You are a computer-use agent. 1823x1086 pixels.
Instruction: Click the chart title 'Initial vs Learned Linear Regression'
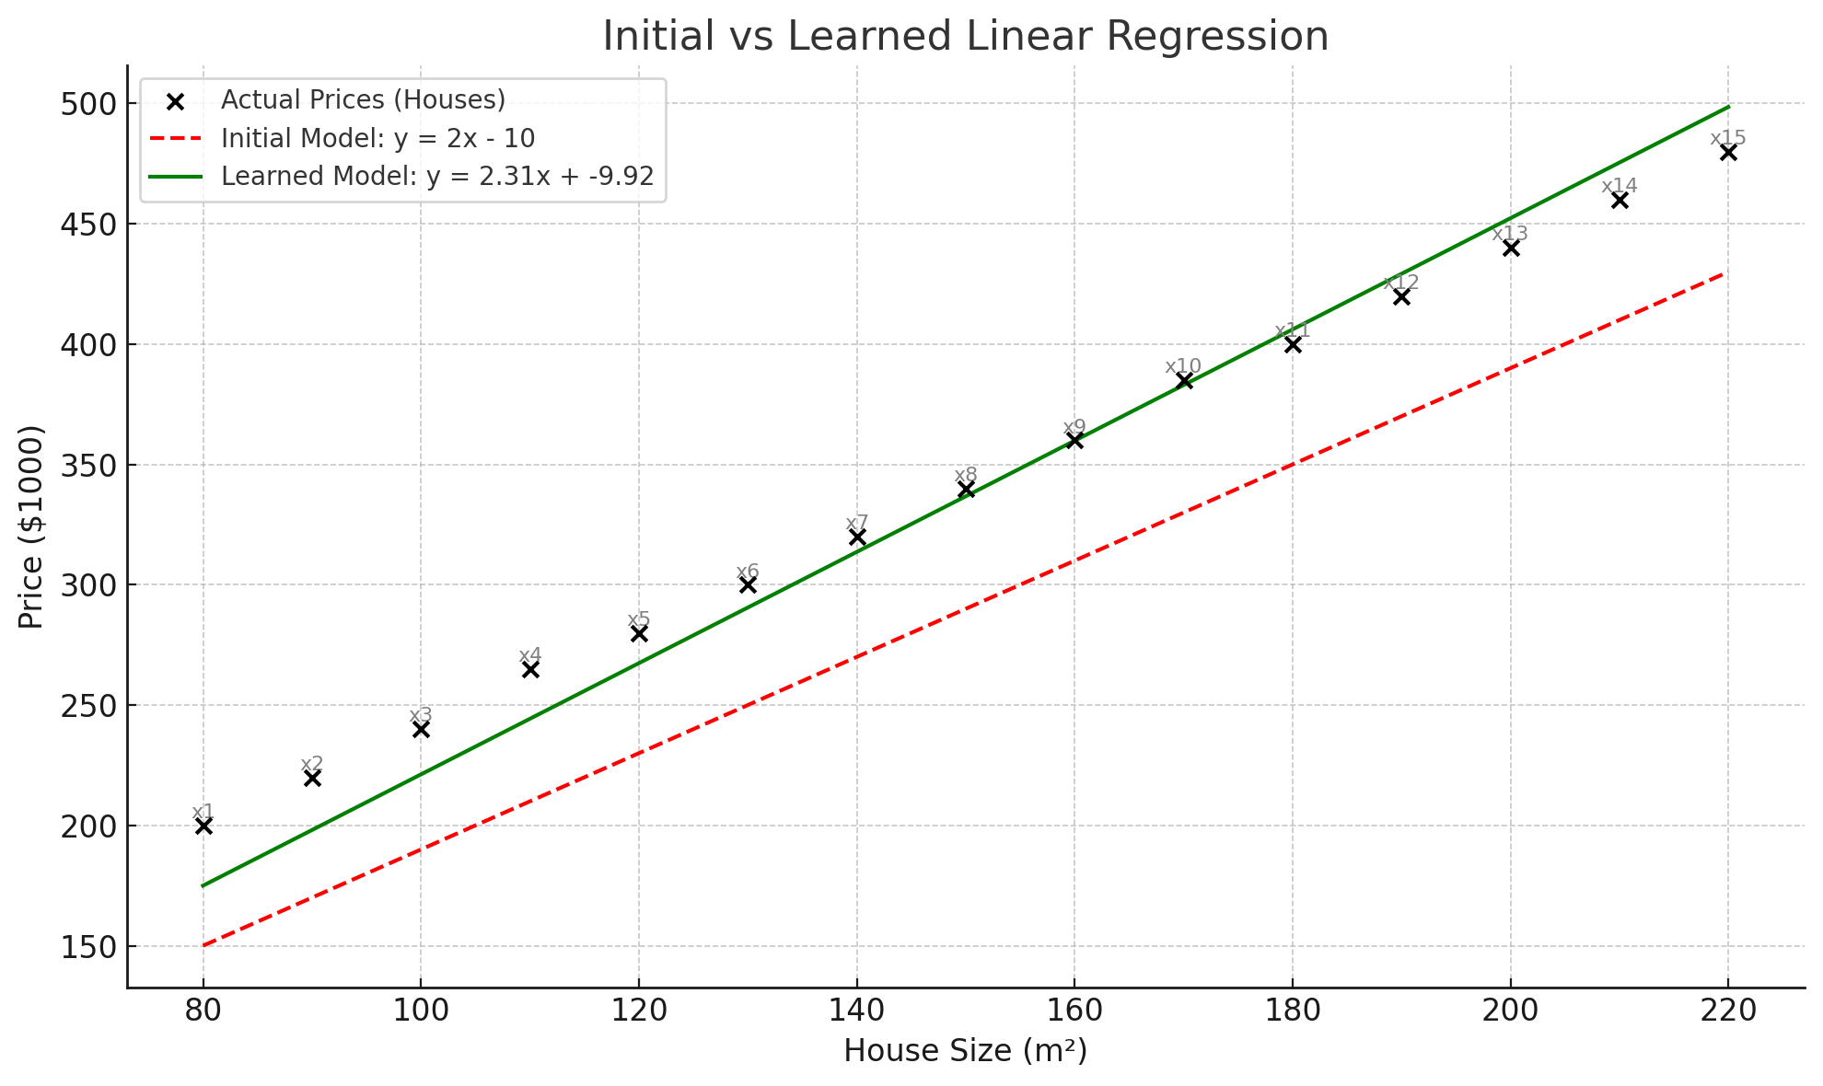coord(965,37)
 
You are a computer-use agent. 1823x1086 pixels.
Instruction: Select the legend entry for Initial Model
coord(377,138)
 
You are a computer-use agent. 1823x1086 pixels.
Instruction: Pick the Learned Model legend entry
coord(437,176)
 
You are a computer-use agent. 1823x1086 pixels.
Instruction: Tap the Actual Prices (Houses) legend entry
coord(363,99)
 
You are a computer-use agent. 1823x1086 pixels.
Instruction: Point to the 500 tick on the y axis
coord(92,104)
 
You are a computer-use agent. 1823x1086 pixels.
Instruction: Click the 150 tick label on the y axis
coord(92,946)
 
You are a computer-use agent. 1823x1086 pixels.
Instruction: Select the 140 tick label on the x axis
coord(857,1011)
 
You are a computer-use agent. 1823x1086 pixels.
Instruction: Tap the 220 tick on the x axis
coord(1728,1011)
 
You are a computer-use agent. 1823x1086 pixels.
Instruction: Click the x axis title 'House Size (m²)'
coord(965,1050)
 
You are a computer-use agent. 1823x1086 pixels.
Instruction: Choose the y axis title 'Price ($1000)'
coord(31,526)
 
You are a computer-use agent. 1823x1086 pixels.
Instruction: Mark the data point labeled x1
coord(203,826)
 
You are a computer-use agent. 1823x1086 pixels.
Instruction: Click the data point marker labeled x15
coord(1728,152)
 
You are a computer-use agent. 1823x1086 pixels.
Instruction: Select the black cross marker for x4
coord(530,669)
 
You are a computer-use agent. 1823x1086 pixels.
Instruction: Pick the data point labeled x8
coord(966,489)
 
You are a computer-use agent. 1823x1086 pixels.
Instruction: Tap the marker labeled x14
coord(1620,200)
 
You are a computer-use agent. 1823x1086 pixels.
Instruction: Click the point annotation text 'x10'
coord(1183,366)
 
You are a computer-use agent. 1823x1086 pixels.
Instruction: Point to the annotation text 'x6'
coord(748,572)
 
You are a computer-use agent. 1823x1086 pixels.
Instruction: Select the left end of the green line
coord(203,885)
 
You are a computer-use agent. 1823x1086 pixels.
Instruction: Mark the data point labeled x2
coord(312,778)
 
